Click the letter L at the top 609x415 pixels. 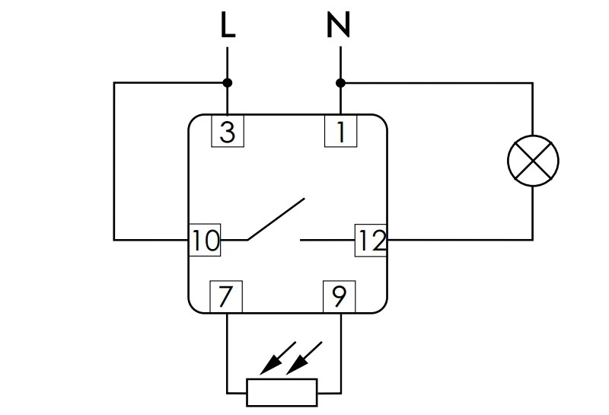(228, 24)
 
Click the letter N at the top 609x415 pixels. (338, 24)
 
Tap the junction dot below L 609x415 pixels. (228, 83)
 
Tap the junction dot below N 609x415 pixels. (340, 83)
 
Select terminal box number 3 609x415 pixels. (228, 131)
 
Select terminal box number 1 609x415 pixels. (340, 131)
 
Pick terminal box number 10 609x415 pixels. (205, 240)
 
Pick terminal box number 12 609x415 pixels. (371, 240)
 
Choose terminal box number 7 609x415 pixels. (226, 296)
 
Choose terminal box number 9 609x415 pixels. (339, 296)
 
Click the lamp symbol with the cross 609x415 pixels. (533, 161)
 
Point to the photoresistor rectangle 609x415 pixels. (282, 392)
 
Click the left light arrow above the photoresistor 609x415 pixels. (278, 358)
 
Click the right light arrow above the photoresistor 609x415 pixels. (304, 358)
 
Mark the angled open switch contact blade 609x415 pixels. (276, 219)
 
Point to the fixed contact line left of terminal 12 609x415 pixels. (327, 240)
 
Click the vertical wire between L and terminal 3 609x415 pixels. (227, 81)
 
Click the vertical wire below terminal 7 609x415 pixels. (227, 353)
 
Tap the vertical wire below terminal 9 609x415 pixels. (340, 353)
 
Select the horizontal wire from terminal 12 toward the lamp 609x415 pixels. (460, 239)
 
